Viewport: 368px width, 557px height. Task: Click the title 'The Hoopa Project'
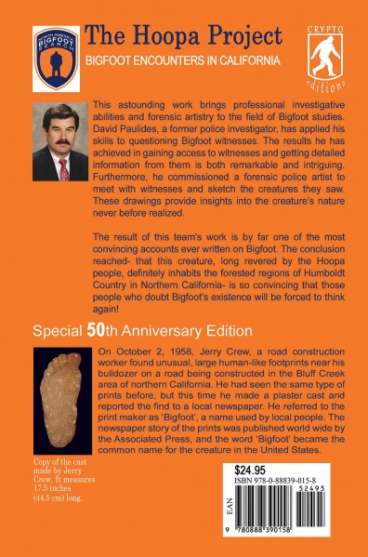coord(182,36)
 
